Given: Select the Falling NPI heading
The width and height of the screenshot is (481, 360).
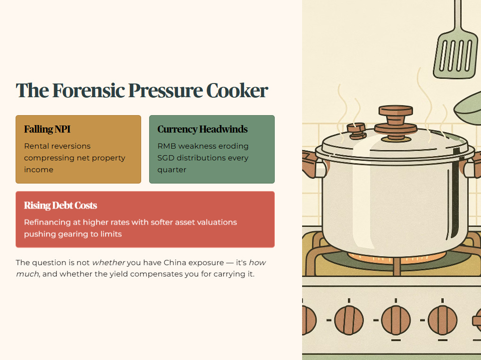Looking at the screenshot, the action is [47, 129].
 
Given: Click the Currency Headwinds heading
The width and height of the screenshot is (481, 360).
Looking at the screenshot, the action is [203, 129].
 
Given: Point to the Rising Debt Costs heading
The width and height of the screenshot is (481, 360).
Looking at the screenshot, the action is [60, 205].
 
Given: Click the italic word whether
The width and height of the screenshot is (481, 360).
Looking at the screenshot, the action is [109, 262].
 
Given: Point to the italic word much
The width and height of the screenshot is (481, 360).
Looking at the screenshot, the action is [27, 274].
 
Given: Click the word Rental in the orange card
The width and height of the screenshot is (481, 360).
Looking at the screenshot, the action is [35, 146].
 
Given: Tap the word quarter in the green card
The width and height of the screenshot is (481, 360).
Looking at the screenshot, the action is [172, 170].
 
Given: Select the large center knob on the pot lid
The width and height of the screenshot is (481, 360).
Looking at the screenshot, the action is [396, 122].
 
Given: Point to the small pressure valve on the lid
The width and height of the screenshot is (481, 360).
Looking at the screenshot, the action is [356, 131].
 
